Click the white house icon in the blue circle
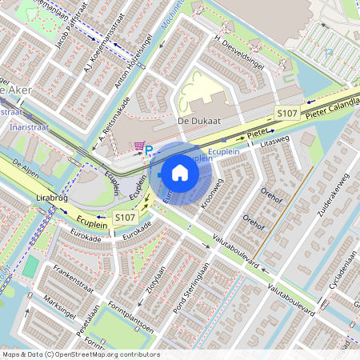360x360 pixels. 180,172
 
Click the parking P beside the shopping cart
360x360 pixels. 149,150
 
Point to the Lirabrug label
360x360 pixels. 50,195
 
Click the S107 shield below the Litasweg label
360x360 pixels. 287,114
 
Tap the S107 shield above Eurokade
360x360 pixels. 124,217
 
